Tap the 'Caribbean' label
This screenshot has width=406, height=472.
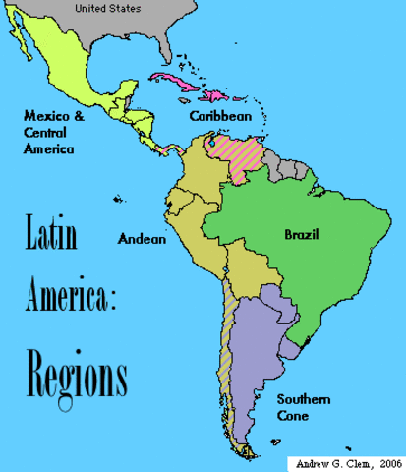click(x=222, y=116)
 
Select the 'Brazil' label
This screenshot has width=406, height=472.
click(x=302, y=234)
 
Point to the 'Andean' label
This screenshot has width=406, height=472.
click(x=142, y=238)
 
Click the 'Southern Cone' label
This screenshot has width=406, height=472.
click(x=303, y=408)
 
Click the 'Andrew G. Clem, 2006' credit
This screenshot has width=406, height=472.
click(x=343, y=461)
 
